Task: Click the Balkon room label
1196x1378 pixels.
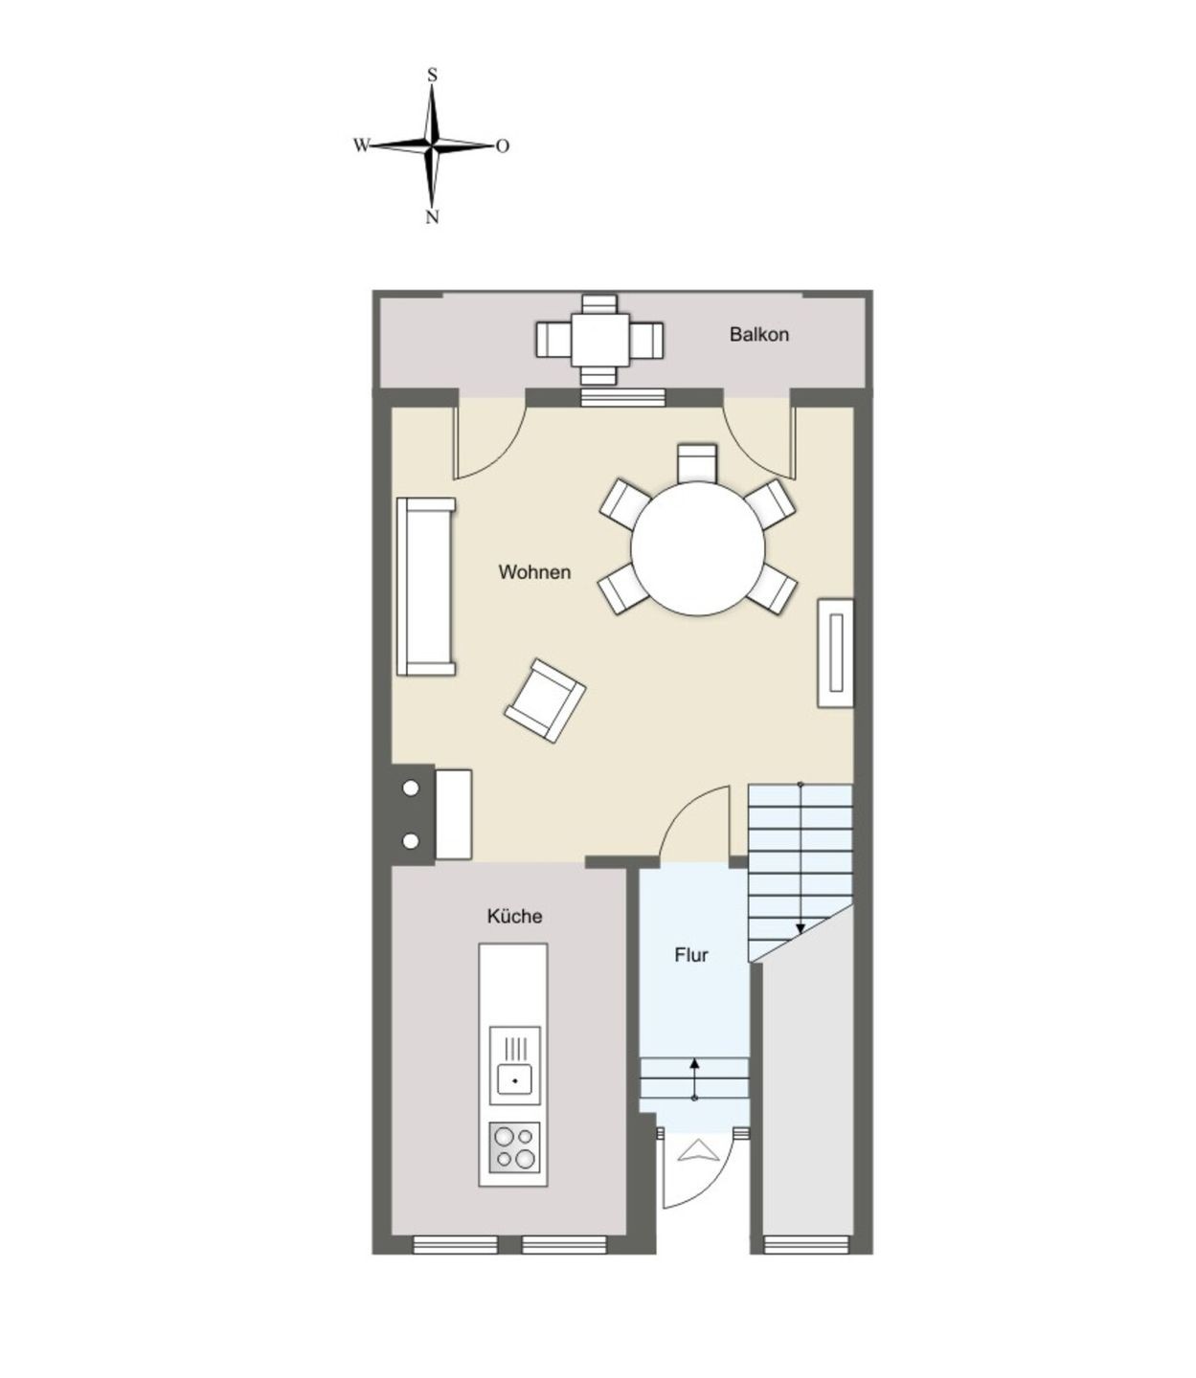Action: click(x=758, y=335)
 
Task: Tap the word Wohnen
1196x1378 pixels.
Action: click(x=534, y=572)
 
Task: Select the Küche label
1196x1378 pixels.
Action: click(x=515, y=916)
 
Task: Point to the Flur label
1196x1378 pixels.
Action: click(x=691, y=955)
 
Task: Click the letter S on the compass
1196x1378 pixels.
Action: click(x=432, y=76)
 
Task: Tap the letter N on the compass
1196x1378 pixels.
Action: click(x=432, y=217)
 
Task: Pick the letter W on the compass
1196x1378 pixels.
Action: click(x=361, y=144)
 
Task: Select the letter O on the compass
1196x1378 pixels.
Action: click(x=503, y=145)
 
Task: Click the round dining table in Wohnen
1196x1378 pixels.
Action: click(x=698, y=548)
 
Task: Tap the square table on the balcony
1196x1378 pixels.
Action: click(x=599, y=340)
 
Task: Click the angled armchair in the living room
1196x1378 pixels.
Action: click(x=545, y=700)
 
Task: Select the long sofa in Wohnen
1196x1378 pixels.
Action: click(x=426, y=587)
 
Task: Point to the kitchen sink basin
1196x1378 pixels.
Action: click(x=514, y=1080)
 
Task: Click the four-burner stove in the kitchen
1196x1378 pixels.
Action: click(x=514, y=1148)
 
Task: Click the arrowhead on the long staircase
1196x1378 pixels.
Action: click(x=800, y=929)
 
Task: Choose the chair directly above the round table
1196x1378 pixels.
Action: click(x=697, y=462)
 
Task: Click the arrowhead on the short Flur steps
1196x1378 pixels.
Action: click(x=694, y=1064)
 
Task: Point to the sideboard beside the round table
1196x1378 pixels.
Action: click(x=836, y=653)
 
